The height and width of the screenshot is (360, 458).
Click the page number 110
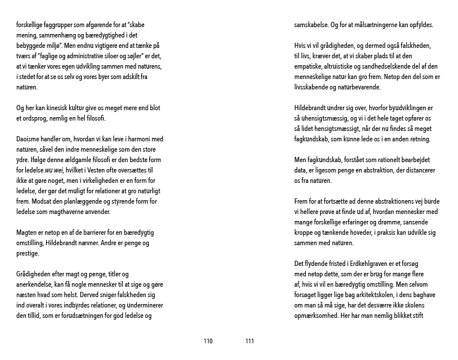coord(208,341)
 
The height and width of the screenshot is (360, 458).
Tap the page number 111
coord(250,341)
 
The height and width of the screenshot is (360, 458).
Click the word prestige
coord(28,254)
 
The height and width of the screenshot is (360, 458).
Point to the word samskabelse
coord(311,25)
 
